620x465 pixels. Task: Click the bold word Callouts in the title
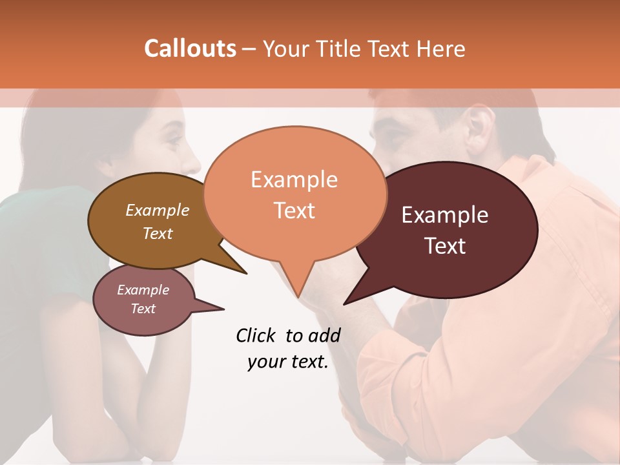[x=190, y=49]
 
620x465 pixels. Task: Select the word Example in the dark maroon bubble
[x=445, y=215]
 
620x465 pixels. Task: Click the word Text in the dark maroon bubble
[x=445, y=246]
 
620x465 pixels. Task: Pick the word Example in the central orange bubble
[x=294, y=180]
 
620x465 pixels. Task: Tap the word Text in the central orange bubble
[x=294, y=211]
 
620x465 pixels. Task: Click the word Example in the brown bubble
[x=158, y=210]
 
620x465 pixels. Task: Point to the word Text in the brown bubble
[x=158, y=233]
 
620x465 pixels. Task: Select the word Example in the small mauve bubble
[x=143, y=290]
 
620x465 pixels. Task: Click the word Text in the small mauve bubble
[x=143, y=309]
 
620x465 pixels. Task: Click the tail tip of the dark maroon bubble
[x=346, y=303]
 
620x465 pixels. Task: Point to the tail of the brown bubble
[x=236, y=265]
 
